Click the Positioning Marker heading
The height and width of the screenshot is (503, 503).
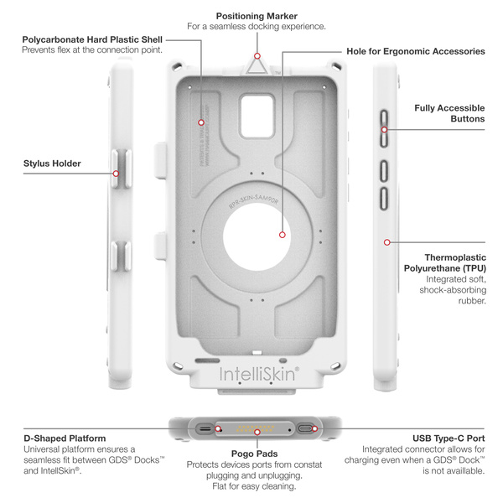(256, 15)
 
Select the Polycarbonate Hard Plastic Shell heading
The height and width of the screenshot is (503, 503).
(91, 39)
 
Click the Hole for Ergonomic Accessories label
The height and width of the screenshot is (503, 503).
(415, 51)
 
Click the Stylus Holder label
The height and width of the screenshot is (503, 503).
(53, 163)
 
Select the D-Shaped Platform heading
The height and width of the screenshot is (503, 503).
(65, 438)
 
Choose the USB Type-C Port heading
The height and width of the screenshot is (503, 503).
(448, 438)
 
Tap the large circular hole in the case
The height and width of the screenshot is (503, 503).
(259, 233)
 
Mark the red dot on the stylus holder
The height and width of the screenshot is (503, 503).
(117, 174)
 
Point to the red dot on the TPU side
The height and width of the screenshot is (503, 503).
(387, 241)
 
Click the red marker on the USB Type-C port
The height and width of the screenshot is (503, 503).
(314, 428)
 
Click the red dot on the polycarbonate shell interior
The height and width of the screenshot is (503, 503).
(201, 123)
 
